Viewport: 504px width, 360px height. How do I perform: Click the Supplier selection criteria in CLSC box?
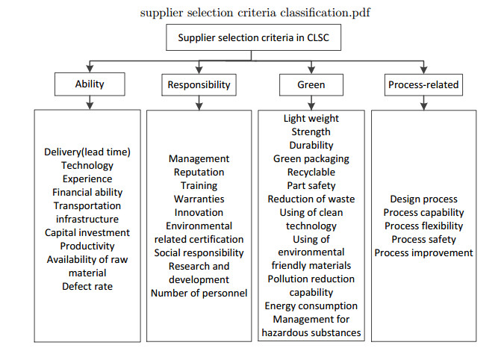click(x=253, y=37)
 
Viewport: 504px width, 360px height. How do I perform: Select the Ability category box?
click(x=90, y=84)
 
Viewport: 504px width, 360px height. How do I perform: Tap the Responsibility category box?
click(x=199, y=85)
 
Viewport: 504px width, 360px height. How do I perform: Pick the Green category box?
click(x=311, y=85)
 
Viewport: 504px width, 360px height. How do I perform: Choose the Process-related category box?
click(x=423, y=85)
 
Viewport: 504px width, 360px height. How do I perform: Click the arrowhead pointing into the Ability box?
click(x=90, y=69)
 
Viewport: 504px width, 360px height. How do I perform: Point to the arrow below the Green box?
click(x=311, y=103)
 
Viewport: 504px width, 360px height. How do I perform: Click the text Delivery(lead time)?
click(x=87, y=152)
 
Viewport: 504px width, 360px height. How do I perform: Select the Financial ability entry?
click(x=87, y=192)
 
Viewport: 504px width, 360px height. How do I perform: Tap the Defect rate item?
click(x=87, y=286)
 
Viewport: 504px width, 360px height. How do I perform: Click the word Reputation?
click(x=199, y=173)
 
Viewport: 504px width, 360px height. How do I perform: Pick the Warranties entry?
click(x=199, y=199)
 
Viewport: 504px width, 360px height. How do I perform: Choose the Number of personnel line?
click(x=199, y=293)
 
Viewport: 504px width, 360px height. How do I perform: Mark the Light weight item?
click(x=311, y=118)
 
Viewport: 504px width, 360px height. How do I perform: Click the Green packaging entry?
click(x=311, y=159)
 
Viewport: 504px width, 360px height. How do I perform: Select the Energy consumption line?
click(x=311, y=306)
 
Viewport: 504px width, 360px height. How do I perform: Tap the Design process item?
click(x=423, y=199)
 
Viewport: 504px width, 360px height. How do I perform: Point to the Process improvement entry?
click(x=423, y=253)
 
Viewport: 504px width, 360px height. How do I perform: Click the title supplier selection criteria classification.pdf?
click(x=255, y=13)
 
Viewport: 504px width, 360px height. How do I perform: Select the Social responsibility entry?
click(x=199, y=253)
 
